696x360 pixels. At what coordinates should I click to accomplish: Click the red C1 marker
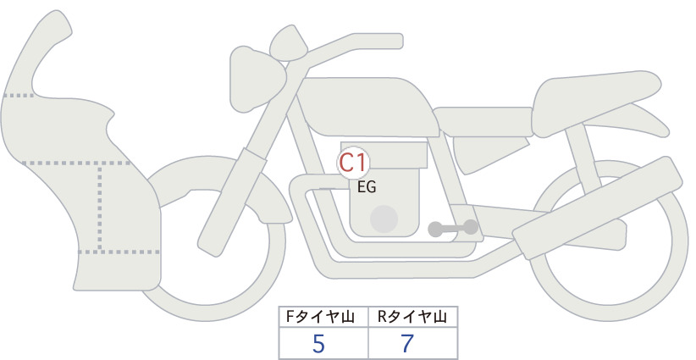pyautogui.click(x=353, y=163)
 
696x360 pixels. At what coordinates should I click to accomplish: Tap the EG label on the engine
pyautogui.click(x=367, y=187)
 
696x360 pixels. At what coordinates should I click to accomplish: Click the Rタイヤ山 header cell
pyautogui.click(x=412, y=317)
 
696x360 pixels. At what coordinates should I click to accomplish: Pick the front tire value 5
pyautogui.click(x=318, y=343)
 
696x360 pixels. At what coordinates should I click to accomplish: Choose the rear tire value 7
pyautogui.click(x=406, y=343)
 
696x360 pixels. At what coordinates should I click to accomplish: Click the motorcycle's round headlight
pyautogui.click(x=257, y=79)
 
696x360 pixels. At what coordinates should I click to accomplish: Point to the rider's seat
pyautogui.click(x=483, y=122)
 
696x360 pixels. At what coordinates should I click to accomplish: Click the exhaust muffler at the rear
pyautogui.click(x=598, y=207)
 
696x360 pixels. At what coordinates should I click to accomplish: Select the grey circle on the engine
pyautogui.click(x=384, y=219)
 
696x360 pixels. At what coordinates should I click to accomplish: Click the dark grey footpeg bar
pyautogui.click(x=453, y=228)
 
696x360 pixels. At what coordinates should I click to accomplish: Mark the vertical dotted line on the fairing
pyautogui.click(x=100, y=208)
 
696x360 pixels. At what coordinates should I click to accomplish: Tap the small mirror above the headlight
pyautogui.click(x=288, y=42)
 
